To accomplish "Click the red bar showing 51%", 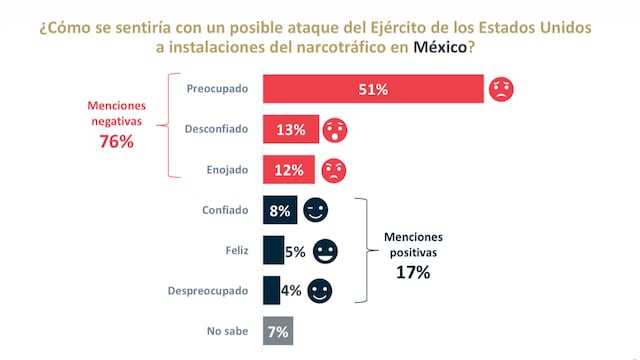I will point(373,90).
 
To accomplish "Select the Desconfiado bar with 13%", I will point(290,129).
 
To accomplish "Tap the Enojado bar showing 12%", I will point(288,169).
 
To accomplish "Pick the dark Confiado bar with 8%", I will point(279,210).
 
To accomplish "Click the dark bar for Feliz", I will point(273,250).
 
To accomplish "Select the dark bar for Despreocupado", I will point(271,290).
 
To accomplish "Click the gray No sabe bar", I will point(277,330).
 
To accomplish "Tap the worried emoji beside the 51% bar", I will point(501,90).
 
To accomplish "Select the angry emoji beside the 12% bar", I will point(334,169).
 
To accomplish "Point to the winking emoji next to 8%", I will point(315,210).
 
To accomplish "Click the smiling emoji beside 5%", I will point(325,250).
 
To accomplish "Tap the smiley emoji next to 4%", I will point(319,290).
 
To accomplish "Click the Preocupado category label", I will point(218,89).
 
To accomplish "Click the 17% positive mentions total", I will point(412,270).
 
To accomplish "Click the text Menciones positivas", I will point(412,246).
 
